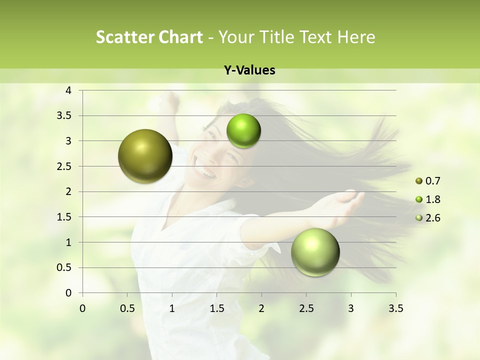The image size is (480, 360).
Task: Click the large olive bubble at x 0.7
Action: (x=145, y=156)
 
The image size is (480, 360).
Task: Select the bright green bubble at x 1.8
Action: (x=243, y=131)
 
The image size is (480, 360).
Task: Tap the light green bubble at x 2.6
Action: (x=315, y=252)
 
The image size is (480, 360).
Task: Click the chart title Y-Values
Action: (x=249, y=70)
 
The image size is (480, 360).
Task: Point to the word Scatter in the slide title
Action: (x=125, y=37)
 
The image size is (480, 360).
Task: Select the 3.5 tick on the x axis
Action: (x=395, y=308)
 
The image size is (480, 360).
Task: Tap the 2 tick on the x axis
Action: (x=261, y=308)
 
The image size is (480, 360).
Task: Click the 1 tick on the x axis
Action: (x=172, y=308)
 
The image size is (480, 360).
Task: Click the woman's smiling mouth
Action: (x=206, y=172)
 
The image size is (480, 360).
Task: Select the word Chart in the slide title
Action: (x=181, y=37)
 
